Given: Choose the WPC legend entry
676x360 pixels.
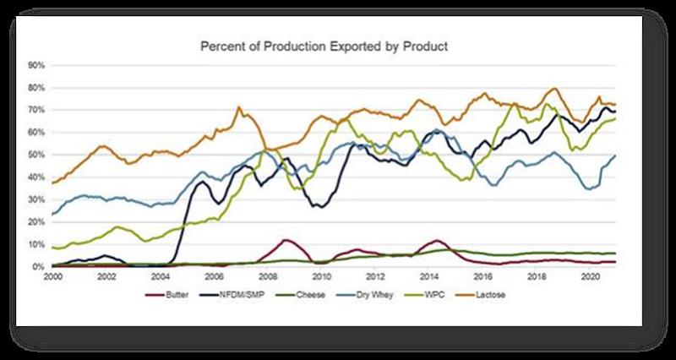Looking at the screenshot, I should [428, 294].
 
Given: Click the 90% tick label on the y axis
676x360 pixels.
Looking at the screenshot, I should [36, 65].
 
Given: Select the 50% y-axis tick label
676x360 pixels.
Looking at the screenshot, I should [36, 155].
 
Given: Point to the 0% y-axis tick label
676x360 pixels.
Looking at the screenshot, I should [38, 267].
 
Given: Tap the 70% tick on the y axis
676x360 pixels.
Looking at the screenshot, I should [36, 110].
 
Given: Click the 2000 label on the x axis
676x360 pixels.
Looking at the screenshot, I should [52, 276].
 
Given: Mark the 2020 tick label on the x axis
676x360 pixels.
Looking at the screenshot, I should [590, 276].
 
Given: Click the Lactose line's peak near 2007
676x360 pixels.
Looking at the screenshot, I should [239, 107].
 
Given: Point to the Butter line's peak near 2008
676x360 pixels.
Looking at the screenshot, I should [286, 240].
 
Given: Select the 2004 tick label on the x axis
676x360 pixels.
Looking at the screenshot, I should [160, 276].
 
